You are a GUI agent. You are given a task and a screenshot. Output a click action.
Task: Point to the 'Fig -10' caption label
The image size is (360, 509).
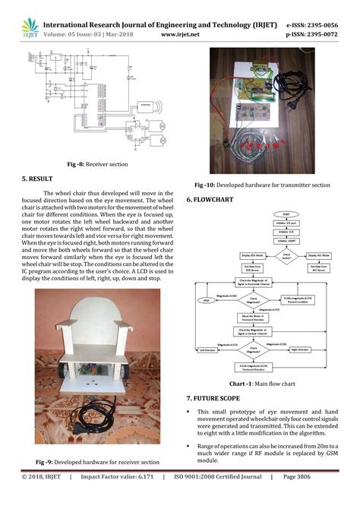tap(208, 185)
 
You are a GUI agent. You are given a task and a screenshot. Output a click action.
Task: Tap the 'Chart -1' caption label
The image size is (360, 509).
tap(232, 384)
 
